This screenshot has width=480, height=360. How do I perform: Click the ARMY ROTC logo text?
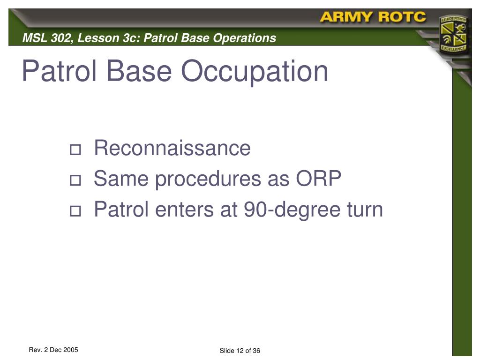click(x=373, y=17)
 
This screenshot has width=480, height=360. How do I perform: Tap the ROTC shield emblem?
click(x=453, y=34)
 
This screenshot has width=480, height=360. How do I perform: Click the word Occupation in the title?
click(x=255, y=71)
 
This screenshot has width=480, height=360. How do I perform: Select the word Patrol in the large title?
click(x=60, y=71)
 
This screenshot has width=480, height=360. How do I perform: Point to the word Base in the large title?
click(x=139, y=71)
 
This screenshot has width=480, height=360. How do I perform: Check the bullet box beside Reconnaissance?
click(x=75, y=150)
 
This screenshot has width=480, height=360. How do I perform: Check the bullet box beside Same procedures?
click(x=75, y=180)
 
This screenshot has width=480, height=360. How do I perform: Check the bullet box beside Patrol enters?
click(x=75, y=211)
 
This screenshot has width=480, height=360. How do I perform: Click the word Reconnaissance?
click(x=172, y=148)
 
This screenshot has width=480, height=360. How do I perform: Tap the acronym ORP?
click(x=318, y=179)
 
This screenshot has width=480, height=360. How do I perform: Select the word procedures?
click(x=208, y=179)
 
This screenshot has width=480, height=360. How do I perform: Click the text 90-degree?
click(x=292, y=210)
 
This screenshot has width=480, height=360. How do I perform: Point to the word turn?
click(x=365, y=210)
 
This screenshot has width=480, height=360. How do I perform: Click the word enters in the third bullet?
click(x=185, y=210)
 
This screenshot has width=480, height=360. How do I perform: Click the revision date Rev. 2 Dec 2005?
click(x=53, y=350)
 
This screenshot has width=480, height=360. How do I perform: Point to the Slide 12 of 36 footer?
click(x=240, y=351)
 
